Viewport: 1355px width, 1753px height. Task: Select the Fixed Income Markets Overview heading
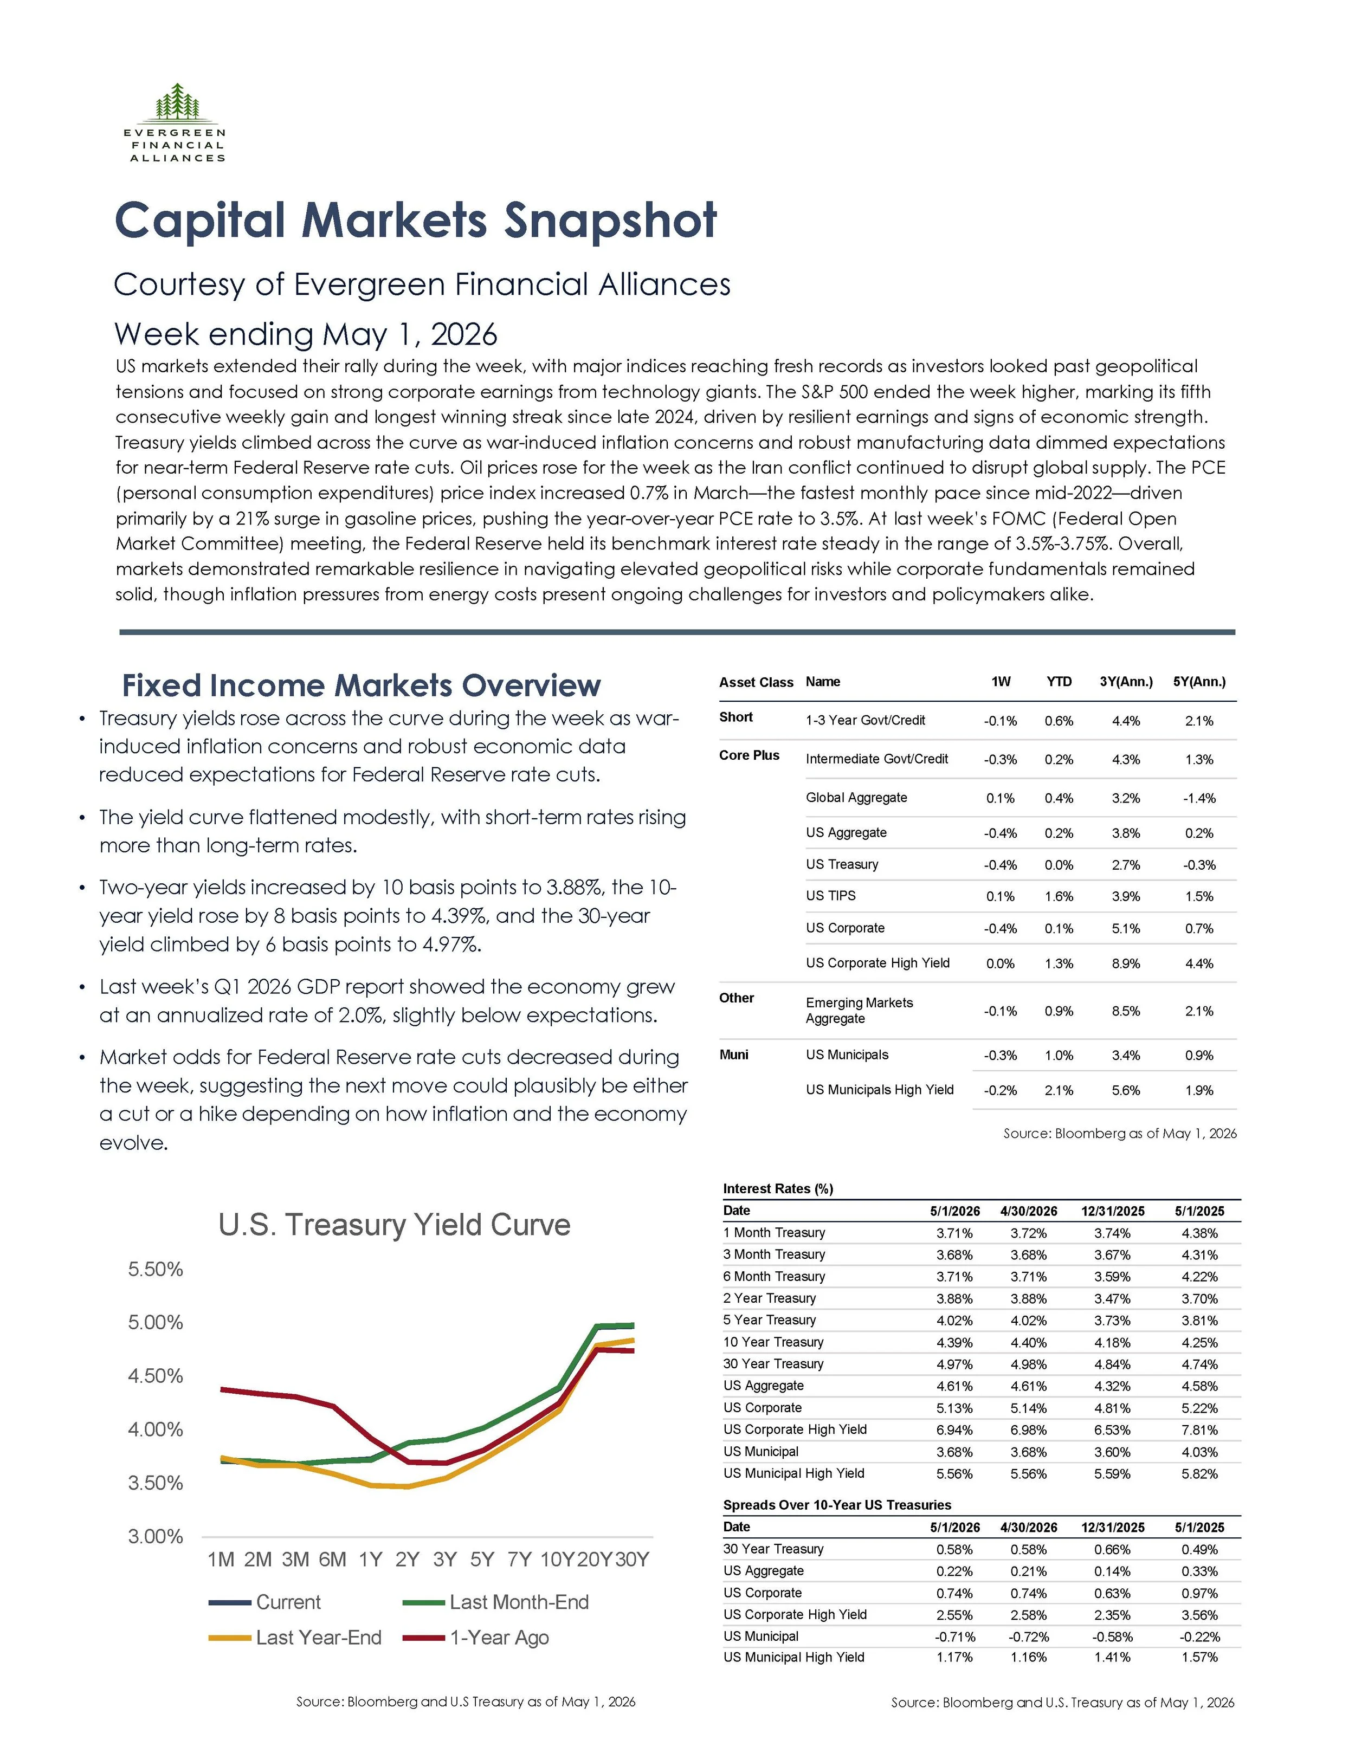click(x=361, y=685)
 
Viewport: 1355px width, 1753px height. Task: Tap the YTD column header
click(x=1059, y=682)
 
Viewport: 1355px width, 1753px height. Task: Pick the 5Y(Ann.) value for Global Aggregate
click(x=1199, y=798)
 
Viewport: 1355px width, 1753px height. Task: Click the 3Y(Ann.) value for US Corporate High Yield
click(x=1126, y=963)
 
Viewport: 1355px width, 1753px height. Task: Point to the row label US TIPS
click(x=831, y=896)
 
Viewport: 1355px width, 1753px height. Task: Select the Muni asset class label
click(x=734, y=1055)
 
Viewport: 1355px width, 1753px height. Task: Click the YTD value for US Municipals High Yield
click(x=1059, y=1090)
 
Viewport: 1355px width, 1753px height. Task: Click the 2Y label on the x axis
click(x=407, y=1559)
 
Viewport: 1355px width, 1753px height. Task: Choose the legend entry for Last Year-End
click(x=295, y=1638)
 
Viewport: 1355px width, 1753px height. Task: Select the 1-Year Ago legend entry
click(x=476, y=1638)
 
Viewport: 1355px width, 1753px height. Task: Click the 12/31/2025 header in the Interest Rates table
click(x=1113, y=1211)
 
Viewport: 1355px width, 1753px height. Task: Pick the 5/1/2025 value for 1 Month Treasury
click(x=1199, y=1233)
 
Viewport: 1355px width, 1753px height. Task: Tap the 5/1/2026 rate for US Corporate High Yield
click(x=954, y=1429)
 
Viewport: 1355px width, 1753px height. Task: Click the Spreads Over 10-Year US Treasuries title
click(x=837, y=1505)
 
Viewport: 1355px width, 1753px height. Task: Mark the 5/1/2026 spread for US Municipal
click(x=954, y=1636)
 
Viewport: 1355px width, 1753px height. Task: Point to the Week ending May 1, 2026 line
click(x=306, y=334)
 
